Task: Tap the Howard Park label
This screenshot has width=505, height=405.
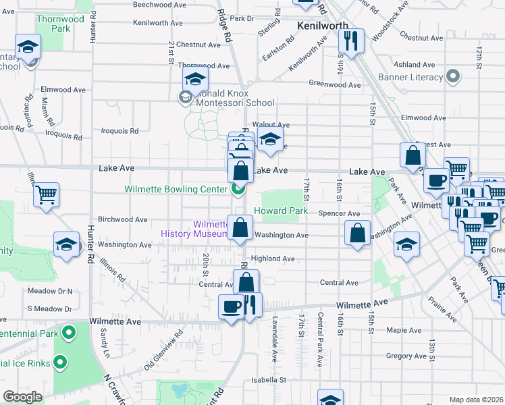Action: point(281,211)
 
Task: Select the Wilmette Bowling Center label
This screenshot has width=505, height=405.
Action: point(176,190)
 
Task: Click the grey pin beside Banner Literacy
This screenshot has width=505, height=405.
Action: point(454,76)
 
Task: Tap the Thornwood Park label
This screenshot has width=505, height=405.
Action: point(61,24)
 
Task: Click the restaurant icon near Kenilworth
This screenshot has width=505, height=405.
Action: point(350,42)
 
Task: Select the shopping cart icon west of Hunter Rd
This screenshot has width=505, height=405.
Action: point(47,195)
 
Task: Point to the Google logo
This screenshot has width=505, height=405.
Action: point(22,397)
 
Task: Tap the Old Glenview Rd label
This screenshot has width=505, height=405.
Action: point(163,352)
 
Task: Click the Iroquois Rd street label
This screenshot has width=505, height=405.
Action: point(119,131)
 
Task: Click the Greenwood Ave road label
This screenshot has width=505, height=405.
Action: point(335,84)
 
